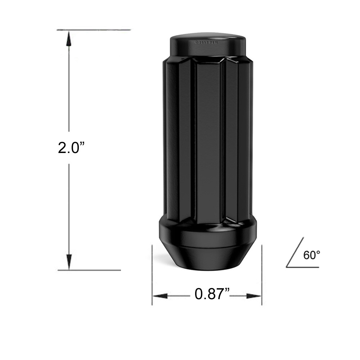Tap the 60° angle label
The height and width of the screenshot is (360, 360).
(x=311, y=255)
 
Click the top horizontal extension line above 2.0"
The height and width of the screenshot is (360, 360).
(x=94, y=30)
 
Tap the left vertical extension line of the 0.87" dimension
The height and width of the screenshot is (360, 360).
(x=152, y=274)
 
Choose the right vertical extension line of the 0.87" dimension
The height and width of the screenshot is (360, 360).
(x=262, y=274)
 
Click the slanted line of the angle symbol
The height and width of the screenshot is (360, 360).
(x=295, y=252)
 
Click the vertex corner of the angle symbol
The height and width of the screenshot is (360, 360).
(x=287, y=267)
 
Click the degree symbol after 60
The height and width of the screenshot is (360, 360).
(x=318, y=252)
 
